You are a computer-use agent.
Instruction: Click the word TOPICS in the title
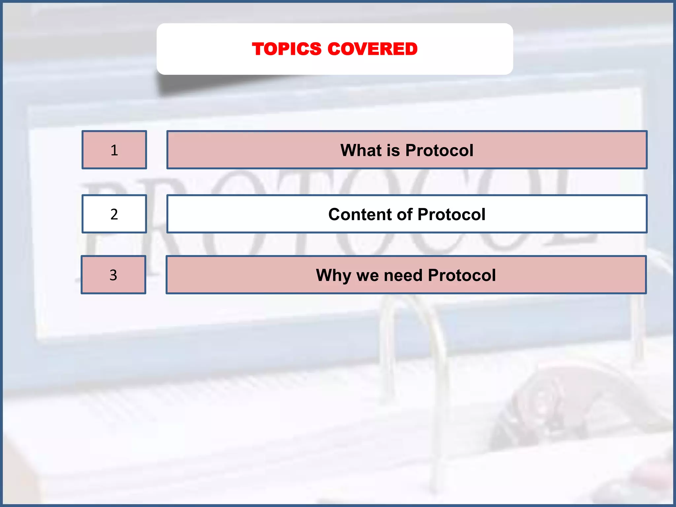point(287,49)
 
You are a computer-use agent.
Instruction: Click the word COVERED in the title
point(373,49)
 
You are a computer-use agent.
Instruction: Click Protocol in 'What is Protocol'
point(439,151)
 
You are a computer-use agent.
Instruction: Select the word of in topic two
point(405,215)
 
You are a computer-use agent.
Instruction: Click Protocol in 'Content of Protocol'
point(451,215)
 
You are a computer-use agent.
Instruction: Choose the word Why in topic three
point(333,276)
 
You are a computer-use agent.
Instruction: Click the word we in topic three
point(367,276)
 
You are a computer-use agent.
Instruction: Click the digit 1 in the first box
point(114,150)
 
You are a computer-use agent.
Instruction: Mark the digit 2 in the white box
point(114,214)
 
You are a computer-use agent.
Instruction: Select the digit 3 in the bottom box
point(113,275)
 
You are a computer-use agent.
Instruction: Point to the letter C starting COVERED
point(335,49)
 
